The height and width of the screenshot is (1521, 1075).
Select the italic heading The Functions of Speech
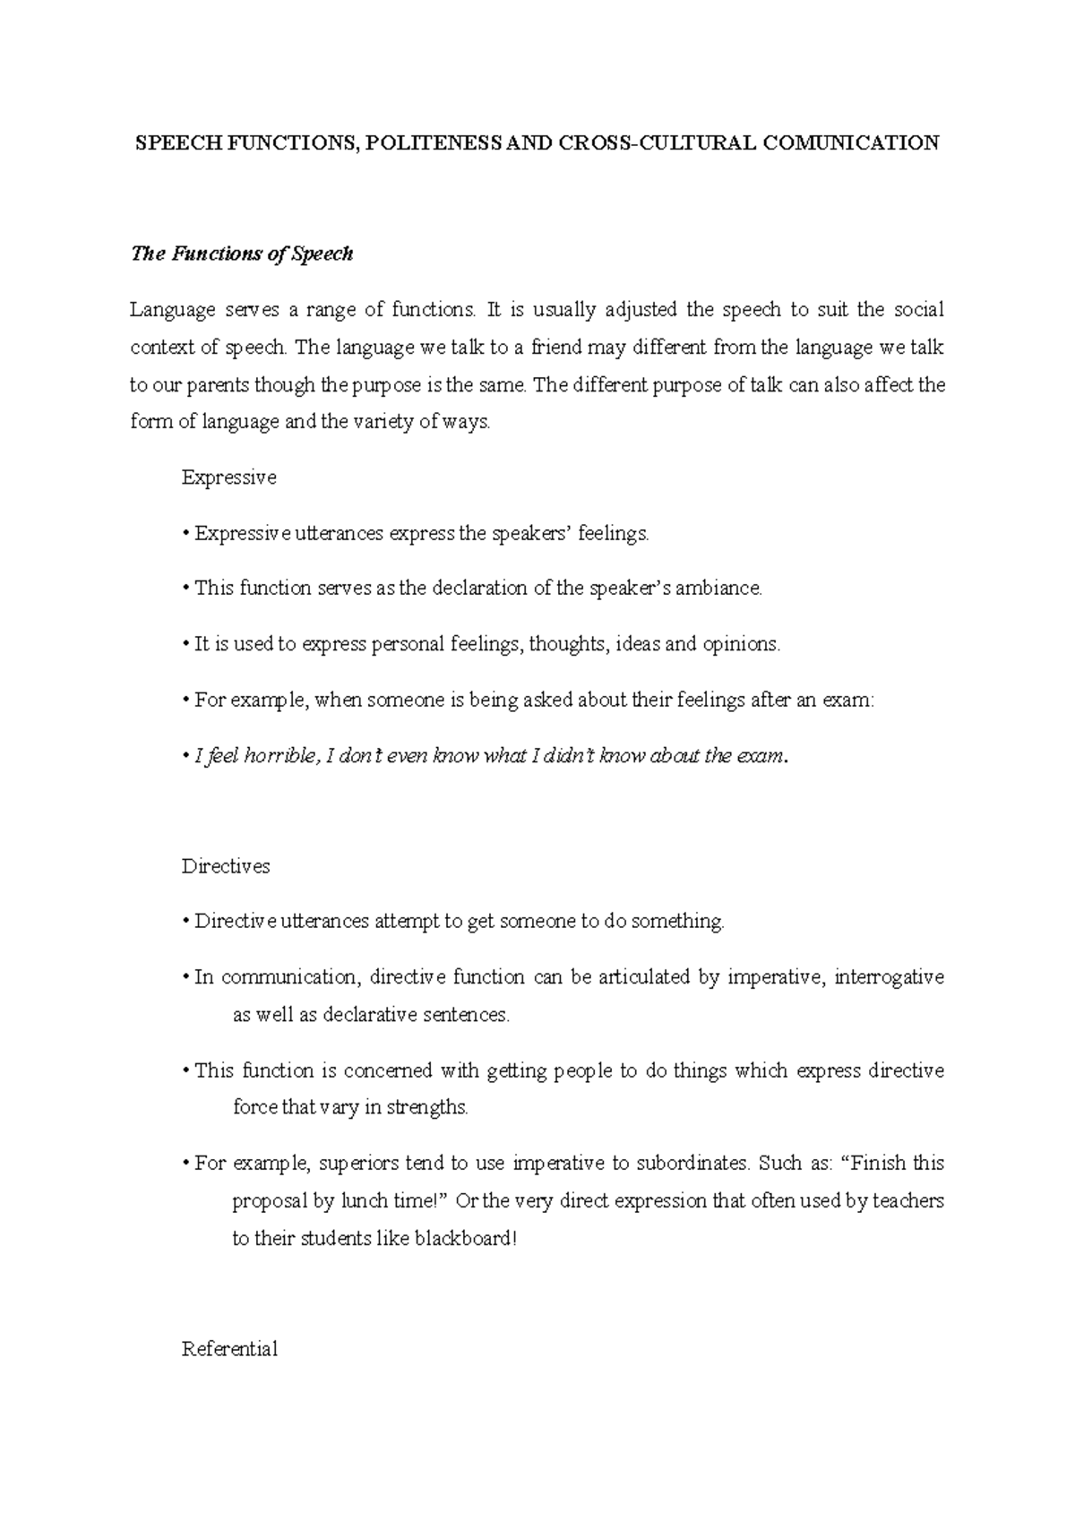coord(242,254)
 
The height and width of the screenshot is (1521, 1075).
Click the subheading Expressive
coord(228,477)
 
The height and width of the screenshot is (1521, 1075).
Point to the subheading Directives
coord(226,866)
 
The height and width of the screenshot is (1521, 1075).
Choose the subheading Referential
coord(229,1349)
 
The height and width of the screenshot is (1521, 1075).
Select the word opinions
coord(741,644)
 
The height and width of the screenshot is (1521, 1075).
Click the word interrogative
coord(889,976)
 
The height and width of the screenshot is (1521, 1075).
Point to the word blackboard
coord(463,1240)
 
